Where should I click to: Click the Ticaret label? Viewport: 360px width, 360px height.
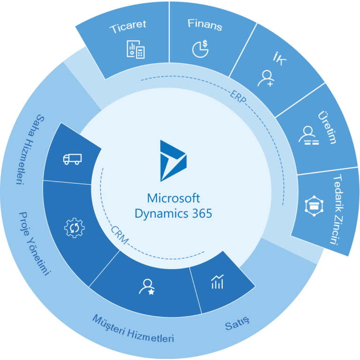pyautogui.click(x=128, y=28)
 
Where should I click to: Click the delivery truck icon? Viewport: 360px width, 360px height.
pyautogui.click(x=72, y=159)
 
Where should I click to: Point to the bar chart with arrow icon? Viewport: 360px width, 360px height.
pyautogui.click(x=217, y=282)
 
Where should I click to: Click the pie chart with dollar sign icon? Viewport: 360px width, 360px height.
pyautogui.click(x=200, y=49)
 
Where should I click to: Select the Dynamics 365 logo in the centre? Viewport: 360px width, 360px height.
pyautogui.click(x=173, y=160)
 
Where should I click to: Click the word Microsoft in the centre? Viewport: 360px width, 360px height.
pyautogui.click(x=173, y=197)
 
